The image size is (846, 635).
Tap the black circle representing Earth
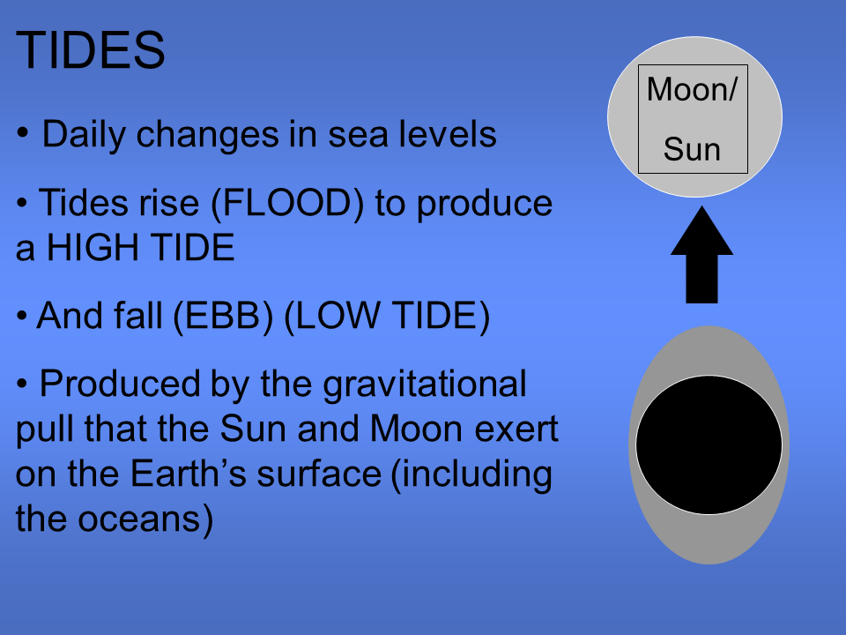point(709,444)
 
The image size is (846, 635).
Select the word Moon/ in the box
point(692,90)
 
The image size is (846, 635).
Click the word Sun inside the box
point(692,149)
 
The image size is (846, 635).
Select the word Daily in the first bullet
point(84,135)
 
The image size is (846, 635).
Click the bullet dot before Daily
point(24,134)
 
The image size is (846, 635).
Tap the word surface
point(319,474)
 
